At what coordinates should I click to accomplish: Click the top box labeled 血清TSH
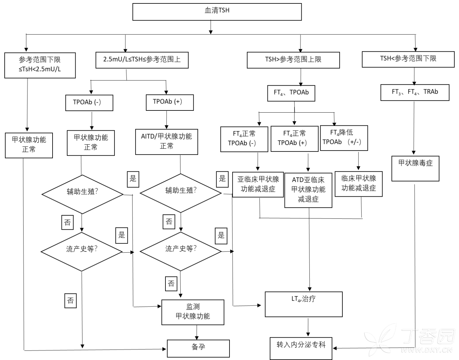click(217, 12)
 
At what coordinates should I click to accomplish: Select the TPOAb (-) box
click(89, 103)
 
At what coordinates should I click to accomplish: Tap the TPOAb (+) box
click(169, 102)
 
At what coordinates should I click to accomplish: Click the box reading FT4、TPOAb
click(291, 93)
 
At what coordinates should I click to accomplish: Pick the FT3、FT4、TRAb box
click(415, 92)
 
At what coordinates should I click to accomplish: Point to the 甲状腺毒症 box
click(415, 169)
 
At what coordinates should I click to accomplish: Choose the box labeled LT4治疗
click(304, 304)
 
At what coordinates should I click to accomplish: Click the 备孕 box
click(198, 348)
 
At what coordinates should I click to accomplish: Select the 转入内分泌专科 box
click(301, 348)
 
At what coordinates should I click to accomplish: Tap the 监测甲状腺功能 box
click(192, 312)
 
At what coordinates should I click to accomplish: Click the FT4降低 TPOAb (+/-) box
click(344, 138)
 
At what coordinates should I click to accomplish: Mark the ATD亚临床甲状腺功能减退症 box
click(308, 190)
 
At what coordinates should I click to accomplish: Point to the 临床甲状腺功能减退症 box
click(359, 184)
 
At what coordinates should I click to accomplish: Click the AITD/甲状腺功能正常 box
click(166, 142)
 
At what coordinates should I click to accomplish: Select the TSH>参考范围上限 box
click(293, 60)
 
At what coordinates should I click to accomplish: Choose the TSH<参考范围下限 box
click(408, 59)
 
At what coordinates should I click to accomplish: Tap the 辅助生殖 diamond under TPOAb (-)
click(82, 194)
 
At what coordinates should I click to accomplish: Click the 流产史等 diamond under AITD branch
click(181, 251)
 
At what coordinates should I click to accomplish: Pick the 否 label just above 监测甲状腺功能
click(171, 283)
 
